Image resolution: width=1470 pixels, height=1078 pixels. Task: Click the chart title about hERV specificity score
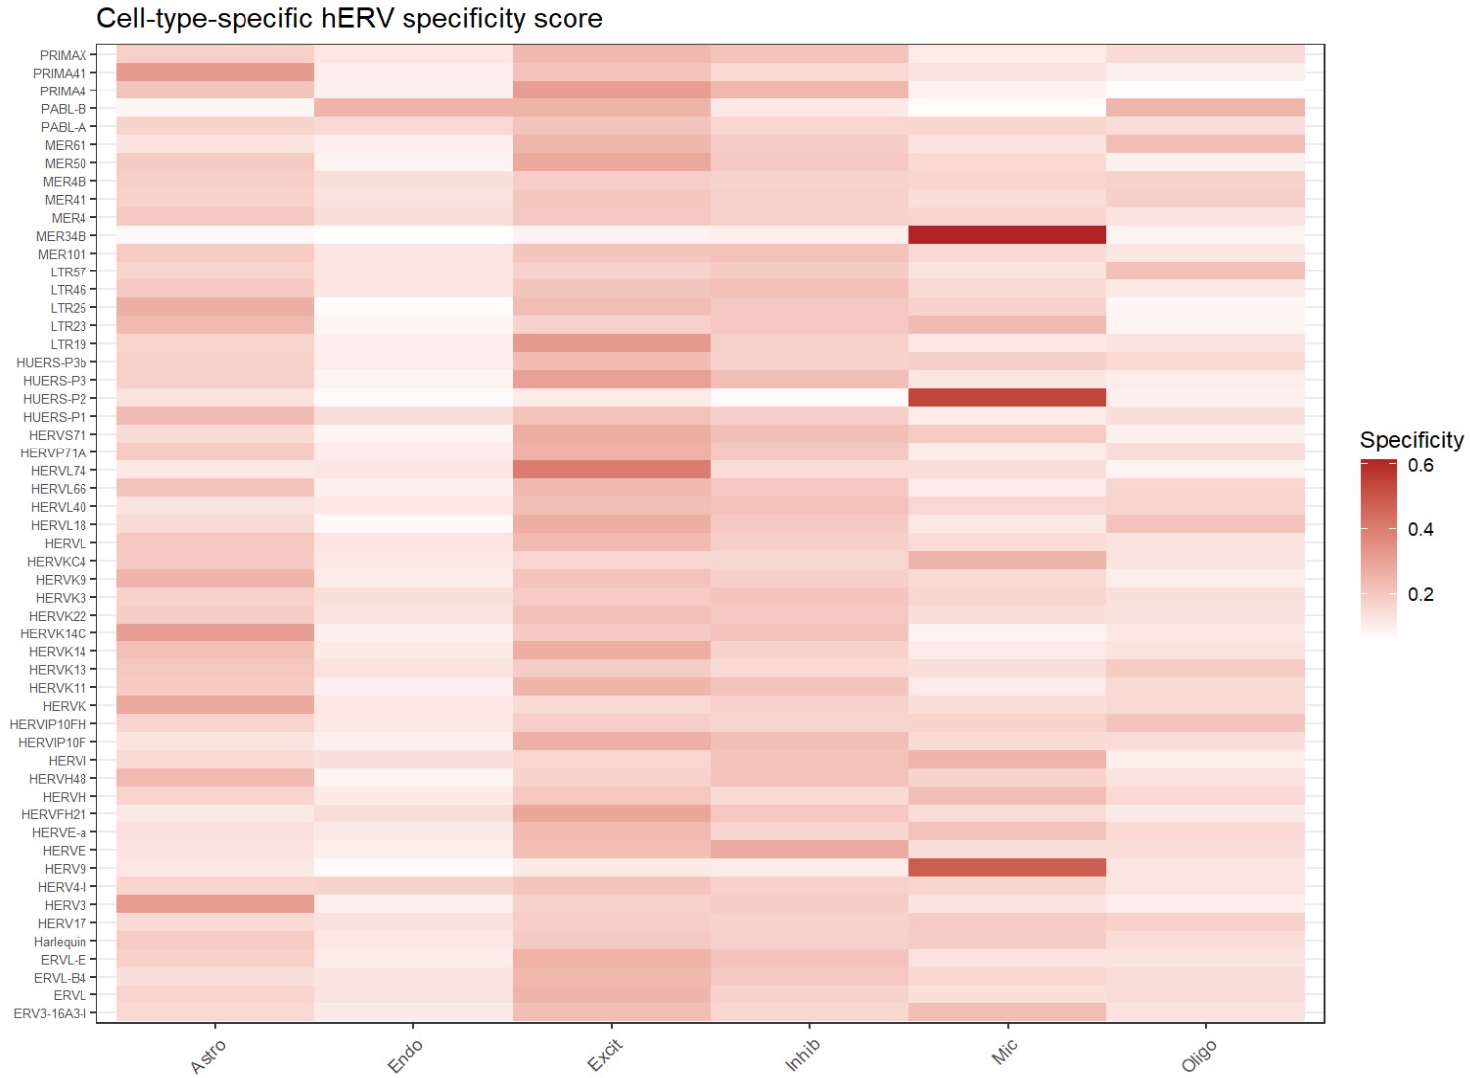[349, 19]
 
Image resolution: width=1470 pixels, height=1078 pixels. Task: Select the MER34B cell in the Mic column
[1007, 236]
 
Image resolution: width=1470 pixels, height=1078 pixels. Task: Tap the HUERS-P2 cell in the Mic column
[1007, 398]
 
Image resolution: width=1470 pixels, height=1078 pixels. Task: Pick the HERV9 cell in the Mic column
[1007, 868]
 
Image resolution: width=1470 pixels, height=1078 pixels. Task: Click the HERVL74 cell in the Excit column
[611, 470]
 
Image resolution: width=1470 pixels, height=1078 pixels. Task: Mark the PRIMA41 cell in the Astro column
[215, 73]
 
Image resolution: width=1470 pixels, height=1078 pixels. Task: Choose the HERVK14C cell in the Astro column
[215, 633]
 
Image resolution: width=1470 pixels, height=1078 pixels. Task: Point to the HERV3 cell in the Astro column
[215, 905]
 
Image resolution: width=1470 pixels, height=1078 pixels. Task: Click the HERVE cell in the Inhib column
[809, 850]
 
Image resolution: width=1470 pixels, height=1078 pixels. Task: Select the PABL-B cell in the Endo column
[413, 108]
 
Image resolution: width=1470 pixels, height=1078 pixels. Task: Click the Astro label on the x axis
[208, 1056]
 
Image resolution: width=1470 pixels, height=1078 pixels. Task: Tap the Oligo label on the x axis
[1198, 1056]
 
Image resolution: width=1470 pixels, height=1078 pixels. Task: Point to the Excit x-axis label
[604, 1055]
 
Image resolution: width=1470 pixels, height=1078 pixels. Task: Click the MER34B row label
[62, 236]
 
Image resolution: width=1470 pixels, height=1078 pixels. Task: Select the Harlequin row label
[61, 942]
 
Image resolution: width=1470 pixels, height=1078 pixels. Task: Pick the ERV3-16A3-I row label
[50, 1013]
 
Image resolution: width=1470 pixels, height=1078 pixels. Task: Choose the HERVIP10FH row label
[48, 724]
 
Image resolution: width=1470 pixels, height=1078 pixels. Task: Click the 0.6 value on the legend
[1420, 465]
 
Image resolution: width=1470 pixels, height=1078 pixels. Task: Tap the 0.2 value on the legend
[1420, 594]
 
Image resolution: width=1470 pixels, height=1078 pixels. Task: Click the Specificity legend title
[1410, 440]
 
